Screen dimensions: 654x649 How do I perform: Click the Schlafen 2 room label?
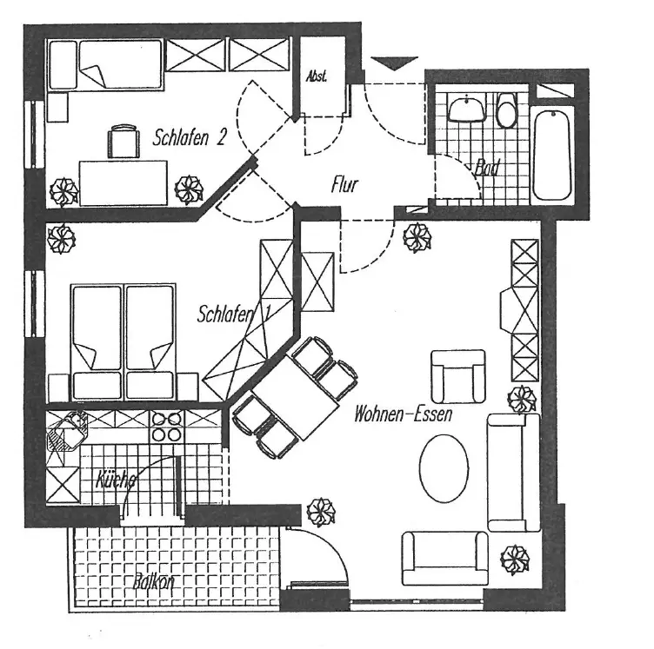[x=190, y=136]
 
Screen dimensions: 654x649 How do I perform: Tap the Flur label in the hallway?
[x=344, y=184]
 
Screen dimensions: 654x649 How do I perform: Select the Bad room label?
[x=487, y=169]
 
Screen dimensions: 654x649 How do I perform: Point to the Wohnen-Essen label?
[x=403, y=414]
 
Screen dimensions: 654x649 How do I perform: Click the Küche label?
[x=115, y=479]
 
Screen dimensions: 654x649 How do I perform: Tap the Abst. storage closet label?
[x=316, y=76]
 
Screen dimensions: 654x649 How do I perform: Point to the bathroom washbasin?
[x=467, y=108]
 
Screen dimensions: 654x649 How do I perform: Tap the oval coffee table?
[x=444, y=467]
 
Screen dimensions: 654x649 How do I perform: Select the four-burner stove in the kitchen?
[x=167, y=427]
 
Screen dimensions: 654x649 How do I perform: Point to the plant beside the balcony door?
[x=322, y=512]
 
